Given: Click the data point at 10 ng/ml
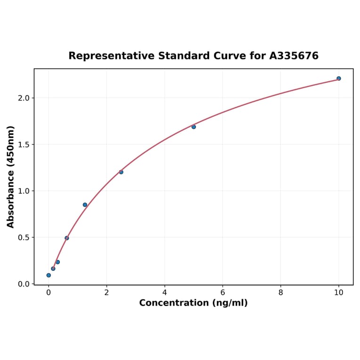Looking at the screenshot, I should pos(338,78).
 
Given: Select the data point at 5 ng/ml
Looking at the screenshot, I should pos(194,127).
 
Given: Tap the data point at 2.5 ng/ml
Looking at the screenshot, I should pos(121,172).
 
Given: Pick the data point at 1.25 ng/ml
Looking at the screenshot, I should pos(85,205).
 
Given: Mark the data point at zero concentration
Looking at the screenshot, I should pos(49,275).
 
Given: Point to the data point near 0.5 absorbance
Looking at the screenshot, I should pos(67,238).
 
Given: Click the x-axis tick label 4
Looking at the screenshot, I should pos(164,292).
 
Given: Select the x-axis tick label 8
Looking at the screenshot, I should pos(281,292).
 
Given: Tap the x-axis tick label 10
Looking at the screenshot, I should pos(338,292).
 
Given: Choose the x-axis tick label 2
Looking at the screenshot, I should pos(106,292).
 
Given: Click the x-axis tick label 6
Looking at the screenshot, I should pos(222,292).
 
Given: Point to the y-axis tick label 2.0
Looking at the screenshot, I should pos(24,98).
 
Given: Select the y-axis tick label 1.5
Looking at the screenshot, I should pos(24,145).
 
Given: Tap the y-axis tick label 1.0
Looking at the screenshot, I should pos(24,191).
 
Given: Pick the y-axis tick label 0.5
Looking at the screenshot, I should pos(24,237).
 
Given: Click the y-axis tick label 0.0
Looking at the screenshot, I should pos(24,284).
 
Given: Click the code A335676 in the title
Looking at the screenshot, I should pos(294,56).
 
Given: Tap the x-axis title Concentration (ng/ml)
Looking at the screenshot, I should pos(193,303).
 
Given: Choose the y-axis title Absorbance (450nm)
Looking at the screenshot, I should pos(11,177).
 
